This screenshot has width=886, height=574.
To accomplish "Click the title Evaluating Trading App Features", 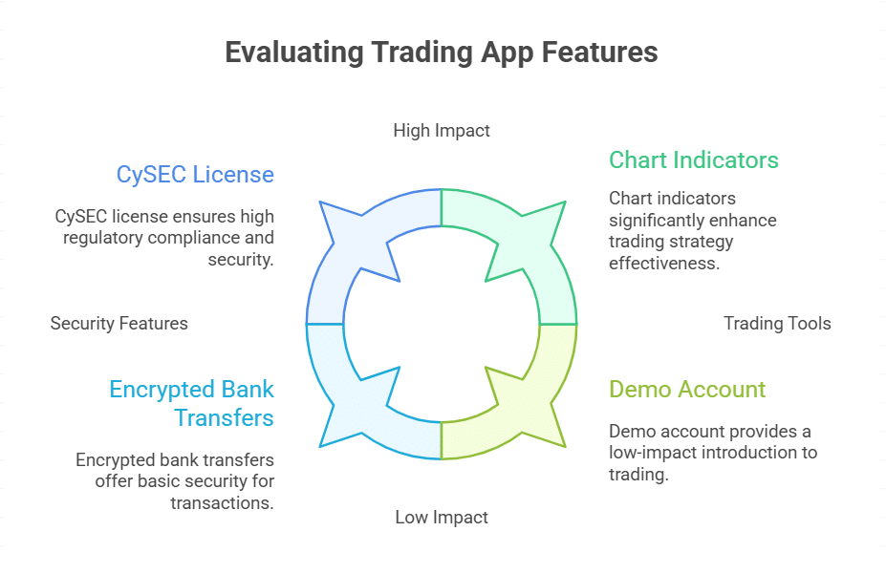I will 442,52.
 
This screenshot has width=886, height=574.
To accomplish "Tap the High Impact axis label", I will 442,130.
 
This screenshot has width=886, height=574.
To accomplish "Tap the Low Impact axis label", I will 442,517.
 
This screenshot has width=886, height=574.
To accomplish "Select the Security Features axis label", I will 119,323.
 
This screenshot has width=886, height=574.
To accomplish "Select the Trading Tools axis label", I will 777,323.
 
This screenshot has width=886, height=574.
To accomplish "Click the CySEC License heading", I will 195,175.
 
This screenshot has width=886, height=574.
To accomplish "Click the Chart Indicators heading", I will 694,159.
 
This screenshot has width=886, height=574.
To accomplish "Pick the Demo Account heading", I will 687,390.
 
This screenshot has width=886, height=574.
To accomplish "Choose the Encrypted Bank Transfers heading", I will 191,403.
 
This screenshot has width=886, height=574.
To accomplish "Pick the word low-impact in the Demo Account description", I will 649,452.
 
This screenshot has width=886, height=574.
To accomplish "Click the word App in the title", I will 510,52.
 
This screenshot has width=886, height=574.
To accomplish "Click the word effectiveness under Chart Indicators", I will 663,263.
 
